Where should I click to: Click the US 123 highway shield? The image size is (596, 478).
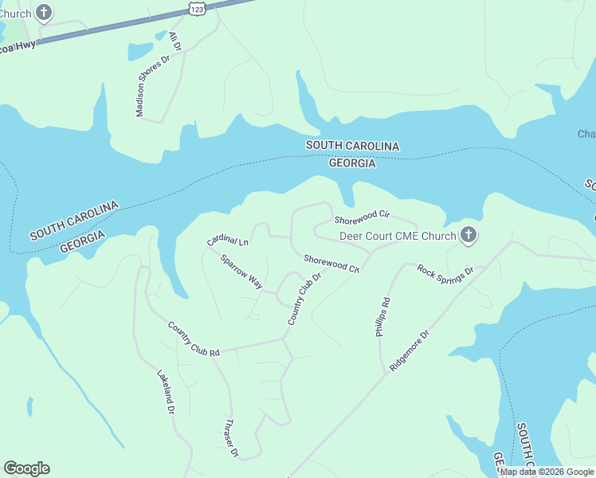tap(197, 7)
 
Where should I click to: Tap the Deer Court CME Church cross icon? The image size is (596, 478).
tap(469, 235)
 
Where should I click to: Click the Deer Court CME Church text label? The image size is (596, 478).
tap(398, 236)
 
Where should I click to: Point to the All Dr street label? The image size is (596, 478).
tap(175, 41)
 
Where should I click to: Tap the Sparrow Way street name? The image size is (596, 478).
tap(241, 272)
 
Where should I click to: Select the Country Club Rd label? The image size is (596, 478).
tap(193, 339)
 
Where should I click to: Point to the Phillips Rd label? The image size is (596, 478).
tap(383, 317)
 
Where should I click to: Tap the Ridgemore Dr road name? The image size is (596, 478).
tap(410, 350)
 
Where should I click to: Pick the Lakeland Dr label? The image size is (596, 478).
tap(165, 392)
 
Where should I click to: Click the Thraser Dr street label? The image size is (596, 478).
tap(232, 437)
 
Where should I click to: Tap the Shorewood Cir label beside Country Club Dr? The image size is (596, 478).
tap(331, 264)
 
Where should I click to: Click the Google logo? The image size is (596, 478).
tap(26, 468)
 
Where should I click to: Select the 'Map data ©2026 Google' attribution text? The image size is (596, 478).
tap(547, 472)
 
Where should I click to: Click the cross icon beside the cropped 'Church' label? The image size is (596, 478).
tap(45, 13)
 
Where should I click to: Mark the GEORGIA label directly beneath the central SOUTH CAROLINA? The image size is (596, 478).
tap(352, 163)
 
